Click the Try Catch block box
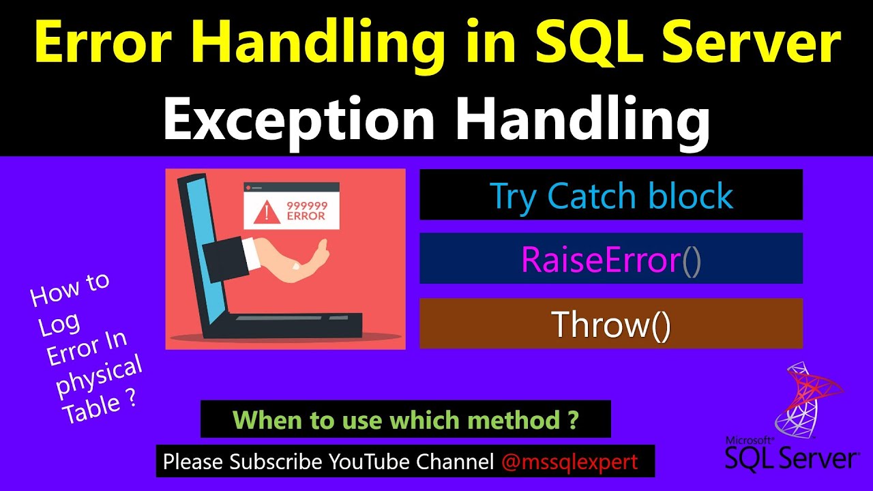click(x=610, y=196)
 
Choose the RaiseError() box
click(x=610, y=259)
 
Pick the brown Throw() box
click(x=610, y=324)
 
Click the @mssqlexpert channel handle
click(x=569, y=462)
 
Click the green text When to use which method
click(x=405, y=419)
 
